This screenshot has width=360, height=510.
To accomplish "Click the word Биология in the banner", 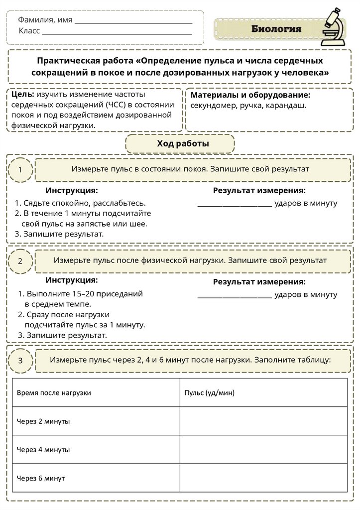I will (x=276, y=29).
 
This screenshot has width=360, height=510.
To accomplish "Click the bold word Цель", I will (x=21, y=94).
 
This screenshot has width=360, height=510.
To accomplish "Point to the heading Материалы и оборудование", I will (x=250, y=95).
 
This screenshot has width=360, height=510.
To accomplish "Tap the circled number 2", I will (x=20, y=261).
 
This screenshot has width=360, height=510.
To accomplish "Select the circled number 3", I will (x=20, y=361).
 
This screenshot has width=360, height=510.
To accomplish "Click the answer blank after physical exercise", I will (x=235, y=295).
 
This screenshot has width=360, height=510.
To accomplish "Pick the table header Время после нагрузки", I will (x=54, y=393).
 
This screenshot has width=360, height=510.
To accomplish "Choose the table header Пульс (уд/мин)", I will (x=209, y=393).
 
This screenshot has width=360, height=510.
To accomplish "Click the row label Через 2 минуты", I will (x=43, y=421).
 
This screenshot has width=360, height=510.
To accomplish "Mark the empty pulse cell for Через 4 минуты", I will (x=263, y=450).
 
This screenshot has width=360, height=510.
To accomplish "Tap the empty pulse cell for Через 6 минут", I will (x=263, y=478).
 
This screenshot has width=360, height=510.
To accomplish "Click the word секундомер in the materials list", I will (x=214, y=106).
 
